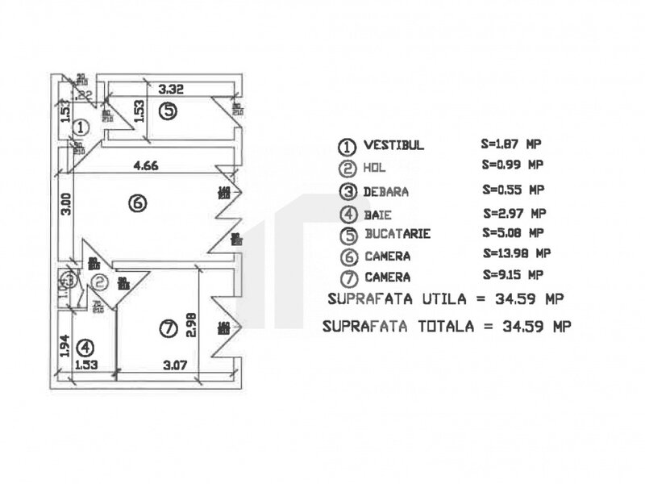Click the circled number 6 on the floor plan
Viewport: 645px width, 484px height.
pyautogui.click(x=138, y=204)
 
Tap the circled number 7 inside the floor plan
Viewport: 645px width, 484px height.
pyautogui.click(x=168, y=328)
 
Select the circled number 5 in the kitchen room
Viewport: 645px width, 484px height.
pyautogui.click(x=166, y=111)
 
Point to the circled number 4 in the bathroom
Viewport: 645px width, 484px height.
pyautogui.click(x=86, y=348)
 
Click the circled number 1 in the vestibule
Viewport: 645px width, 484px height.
pyautogui.click(x=81, y=127)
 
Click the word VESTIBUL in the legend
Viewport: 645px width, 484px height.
pyautogui.click(x=393, y=145)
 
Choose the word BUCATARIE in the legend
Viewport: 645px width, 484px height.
pyautogui.click(x=397, y=234)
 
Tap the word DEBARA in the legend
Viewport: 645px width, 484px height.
pyautogui.click(x=386, y=192)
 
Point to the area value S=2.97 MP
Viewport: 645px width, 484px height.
pyautogui.click(x=513, y=214)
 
